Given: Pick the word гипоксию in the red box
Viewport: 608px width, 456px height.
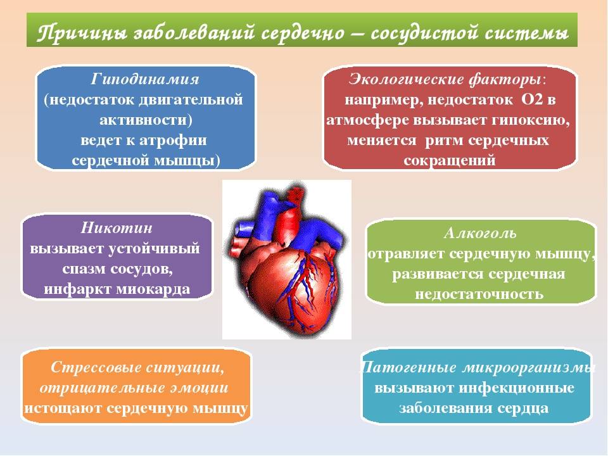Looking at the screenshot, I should coord(535,119).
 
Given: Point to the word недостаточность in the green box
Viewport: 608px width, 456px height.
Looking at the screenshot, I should coord(479,294).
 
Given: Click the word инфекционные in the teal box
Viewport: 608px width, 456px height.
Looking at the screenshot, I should coord(517,388).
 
